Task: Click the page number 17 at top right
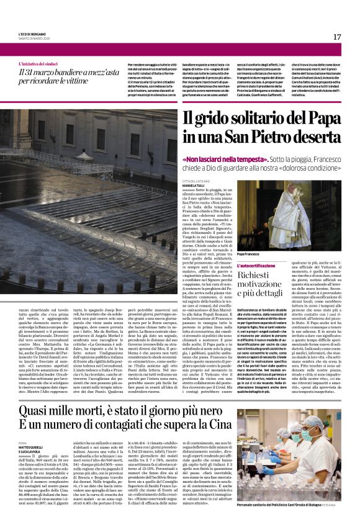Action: (337, 37)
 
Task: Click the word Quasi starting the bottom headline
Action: (36, 409)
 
